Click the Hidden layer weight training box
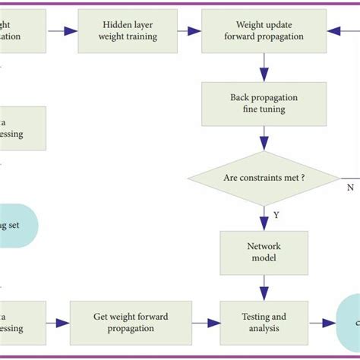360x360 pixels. (x=128, y=31)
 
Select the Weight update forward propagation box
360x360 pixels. (x=264, y=31)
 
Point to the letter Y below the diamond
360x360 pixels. (x=276, y=215)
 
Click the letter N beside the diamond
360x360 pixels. (x=350, y=186)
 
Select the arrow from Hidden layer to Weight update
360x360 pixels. (x=189, y=31)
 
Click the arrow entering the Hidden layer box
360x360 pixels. (x=64, y=31)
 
